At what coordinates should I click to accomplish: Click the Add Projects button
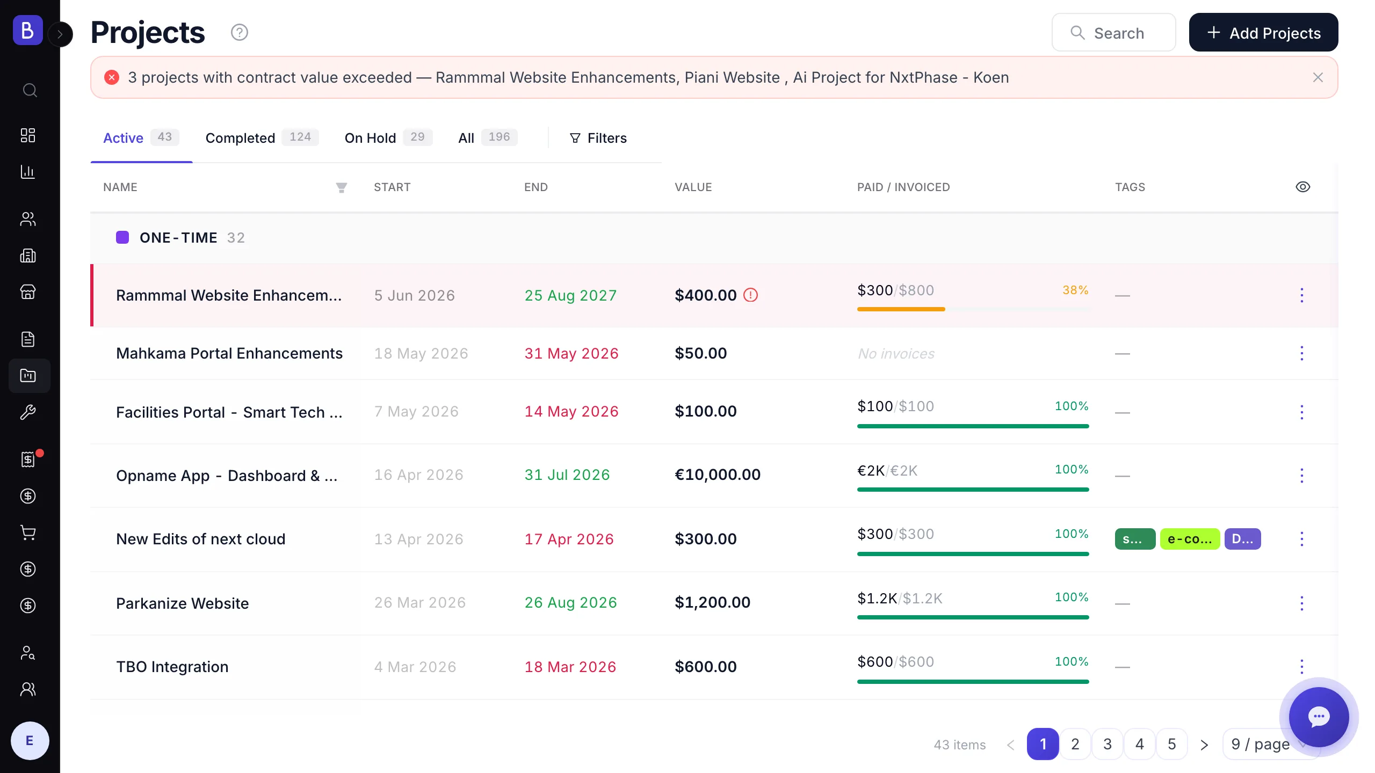[x=1263, y=33]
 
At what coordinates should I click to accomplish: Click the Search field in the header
[x=1113, y=33]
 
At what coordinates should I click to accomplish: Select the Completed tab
[x=262, y=138]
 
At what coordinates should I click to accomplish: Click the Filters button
[x=598, y=138]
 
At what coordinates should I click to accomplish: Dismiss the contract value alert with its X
[x=1318, y=78]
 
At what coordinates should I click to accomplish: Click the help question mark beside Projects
[x=240, y=33]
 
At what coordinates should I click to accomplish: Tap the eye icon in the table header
[x=1302, y=187]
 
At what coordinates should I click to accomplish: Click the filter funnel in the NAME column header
[x=341, y=187]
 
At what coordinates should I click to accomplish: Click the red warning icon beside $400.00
[x=750, y=295]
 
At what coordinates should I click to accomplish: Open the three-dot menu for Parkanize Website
[x=1301, y=603]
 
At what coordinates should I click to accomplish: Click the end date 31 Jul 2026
[x=567, y=475]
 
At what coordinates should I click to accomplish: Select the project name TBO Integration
[x=172, y=667]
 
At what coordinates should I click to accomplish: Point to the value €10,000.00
[x=718, y=475]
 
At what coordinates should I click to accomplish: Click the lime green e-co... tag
[x=1190, y=539]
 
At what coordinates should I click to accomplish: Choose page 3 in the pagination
[x=1108, y=744]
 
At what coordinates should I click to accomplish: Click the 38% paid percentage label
[x=1075, y=290]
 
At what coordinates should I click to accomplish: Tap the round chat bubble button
[x=1319, y=717]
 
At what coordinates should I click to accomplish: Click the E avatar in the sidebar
[x=30, y=741]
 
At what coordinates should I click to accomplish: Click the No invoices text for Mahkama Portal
[x=896, y=354]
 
